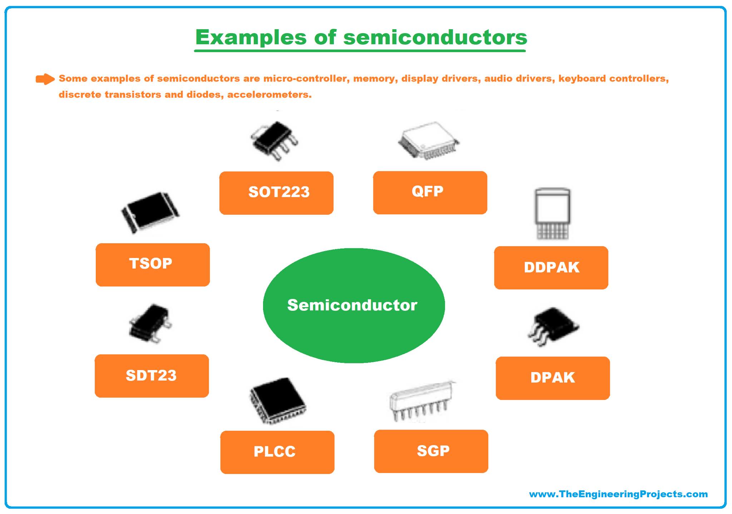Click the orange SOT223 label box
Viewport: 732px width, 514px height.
pyautogui.click(x=276, y=193)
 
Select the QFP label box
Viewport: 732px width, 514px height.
pyautogui.click(x=430, y=193)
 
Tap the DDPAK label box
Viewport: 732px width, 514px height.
pyautogui.click(x=551, y=268)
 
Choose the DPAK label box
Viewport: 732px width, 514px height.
pyautogui.click(x=553, y=378)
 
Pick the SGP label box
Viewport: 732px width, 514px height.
pyautogui.click(x=431, y=451)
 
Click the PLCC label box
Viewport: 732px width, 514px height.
pyautogui.click(x=277, y=452)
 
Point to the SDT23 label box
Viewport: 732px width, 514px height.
pyautogui.click(x=152, y=376)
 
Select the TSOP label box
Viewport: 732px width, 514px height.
pyautogui.click(x=153, y=265)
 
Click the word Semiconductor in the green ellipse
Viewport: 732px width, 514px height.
pyautogui.click(x=352, y=305)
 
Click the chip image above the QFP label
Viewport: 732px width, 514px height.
pyautogui.click(x=429, y=141)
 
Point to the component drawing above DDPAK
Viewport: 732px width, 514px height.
pyautogui.click(x=552, y=213)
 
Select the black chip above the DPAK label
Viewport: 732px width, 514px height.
pyautogui.click(x=553, y=326)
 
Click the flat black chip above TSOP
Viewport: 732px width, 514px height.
pyautogui.click(x=150, y=213)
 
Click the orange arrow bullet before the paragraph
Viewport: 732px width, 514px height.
pyautogui.click(x=45, y=79)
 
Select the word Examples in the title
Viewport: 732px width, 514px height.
pyautogui.click(x=251, y=37)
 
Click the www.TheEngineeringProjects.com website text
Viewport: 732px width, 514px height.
pyautogui.click(x=618, y=494)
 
